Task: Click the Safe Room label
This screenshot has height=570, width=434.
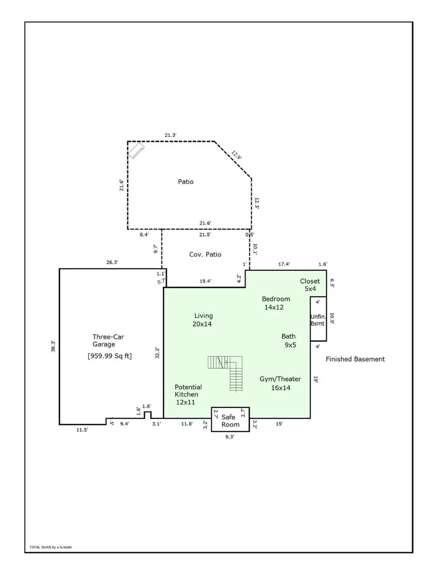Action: (x=230, y=421)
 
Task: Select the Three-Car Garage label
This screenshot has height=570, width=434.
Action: (x=104, y=340)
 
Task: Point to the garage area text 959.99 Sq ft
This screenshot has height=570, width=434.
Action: (x=109, y=356)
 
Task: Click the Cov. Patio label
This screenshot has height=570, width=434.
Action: (x=205, y=254)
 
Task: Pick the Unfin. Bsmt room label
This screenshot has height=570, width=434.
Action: (x=318, y=320)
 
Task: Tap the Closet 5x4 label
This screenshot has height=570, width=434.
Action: (x=310, y=285)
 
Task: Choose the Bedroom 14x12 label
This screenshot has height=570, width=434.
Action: (x=276, y=303)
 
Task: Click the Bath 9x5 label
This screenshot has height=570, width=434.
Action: (x=289, y=341)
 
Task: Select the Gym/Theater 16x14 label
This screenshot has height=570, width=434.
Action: (x=280, y=383)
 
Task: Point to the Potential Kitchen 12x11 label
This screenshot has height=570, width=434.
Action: (x=188, y=394)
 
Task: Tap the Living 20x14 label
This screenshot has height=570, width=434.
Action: (x=203, y=320)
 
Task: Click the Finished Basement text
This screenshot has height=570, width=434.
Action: (x=355, y=359)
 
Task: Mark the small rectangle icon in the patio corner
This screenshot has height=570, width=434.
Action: (x=136, y=151)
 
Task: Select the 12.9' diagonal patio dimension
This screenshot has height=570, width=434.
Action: (x=236, y=156)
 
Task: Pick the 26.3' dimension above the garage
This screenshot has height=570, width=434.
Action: (x=112, y=263)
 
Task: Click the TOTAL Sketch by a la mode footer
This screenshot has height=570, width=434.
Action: (x=51, y=547)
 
